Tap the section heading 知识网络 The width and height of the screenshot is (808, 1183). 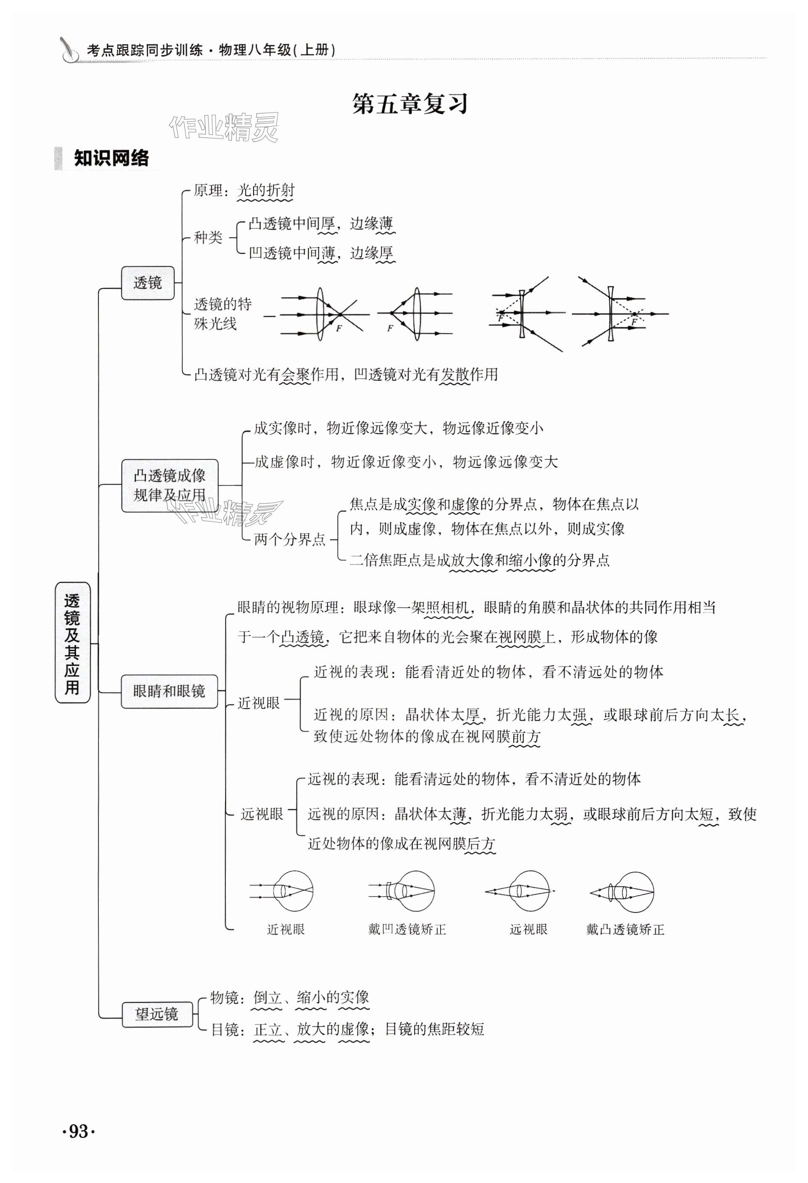(111, 158)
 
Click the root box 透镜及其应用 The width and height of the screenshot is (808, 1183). (72, 642)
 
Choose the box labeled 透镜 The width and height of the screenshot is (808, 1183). (148, 283)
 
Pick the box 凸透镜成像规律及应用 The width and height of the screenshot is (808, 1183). (169, 485)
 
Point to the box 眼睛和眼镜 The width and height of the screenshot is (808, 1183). (169, 691)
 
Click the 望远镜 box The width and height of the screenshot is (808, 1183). (157, 1014)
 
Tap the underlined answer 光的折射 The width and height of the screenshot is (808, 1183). (266, 191)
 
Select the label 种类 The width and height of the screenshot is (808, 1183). (208, 237)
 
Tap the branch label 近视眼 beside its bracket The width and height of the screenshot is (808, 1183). (259, 703)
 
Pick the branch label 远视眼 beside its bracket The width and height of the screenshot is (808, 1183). (261, 814)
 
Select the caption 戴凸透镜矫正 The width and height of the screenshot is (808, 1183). (625, 929)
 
